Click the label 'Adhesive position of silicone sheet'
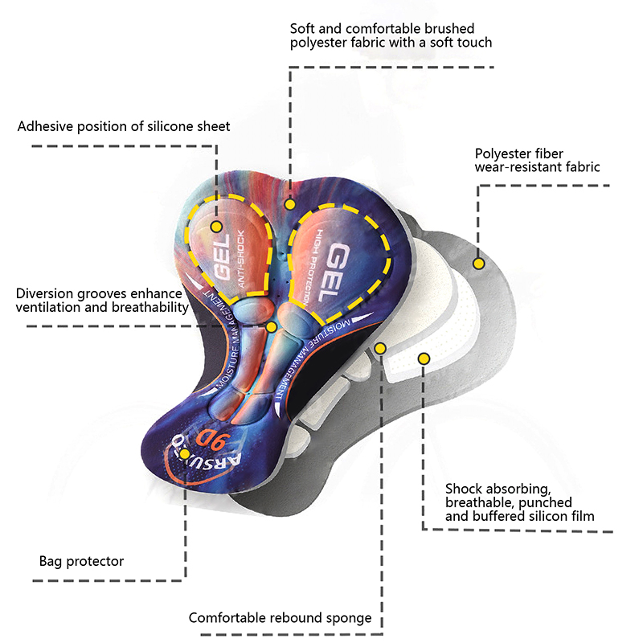(124, 126)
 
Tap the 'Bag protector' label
(82, 561)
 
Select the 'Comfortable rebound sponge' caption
(280, 618)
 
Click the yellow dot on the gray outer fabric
(478, 263)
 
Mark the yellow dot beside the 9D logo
(185, 454)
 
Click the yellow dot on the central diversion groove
(272, 327)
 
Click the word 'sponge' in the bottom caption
(350, 618)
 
